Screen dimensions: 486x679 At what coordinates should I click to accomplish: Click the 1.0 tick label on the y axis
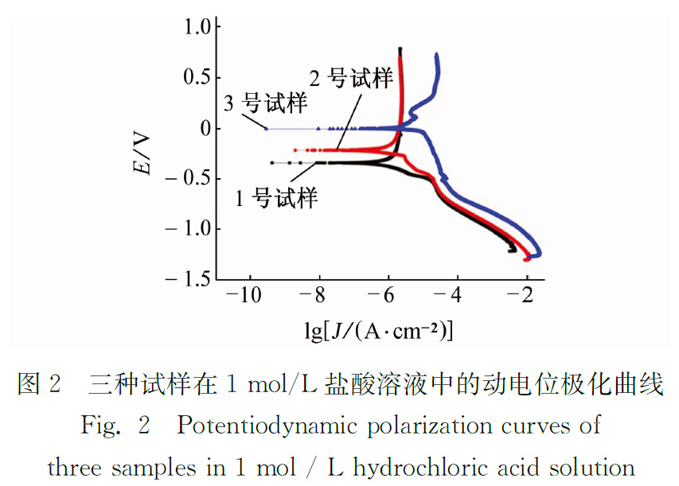pyautogui.click(x=197, y=27)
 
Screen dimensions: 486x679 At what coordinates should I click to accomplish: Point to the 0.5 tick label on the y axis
pyautogui.click(x=197, y=77)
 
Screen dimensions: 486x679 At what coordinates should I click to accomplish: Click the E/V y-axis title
pyautogui.click(x=143, y=152)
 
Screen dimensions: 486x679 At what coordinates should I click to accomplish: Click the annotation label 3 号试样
pyautogui.click(x=264, y=103)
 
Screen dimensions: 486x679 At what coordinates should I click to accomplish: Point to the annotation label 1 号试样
pyautogui.click(x=275, y=196)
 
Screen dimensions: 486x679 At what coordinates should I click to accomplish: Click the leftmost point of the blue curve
pyautogui.click(x=266, y=128)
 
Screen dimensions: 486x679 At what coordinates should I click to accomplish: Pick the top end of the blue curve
pyautogui.click(x=436, y=54)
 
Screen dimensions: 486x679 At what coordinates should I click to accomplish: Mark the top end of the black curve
pyautogui.click(x=400, y=49)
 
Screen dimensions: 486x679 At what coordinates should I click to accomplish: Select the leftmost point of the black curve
pyautogui.click(x=272, y=162)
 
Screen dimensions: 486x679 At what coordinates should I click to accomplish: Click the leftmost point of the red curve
pyautogui.click(x=295, y=150)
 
